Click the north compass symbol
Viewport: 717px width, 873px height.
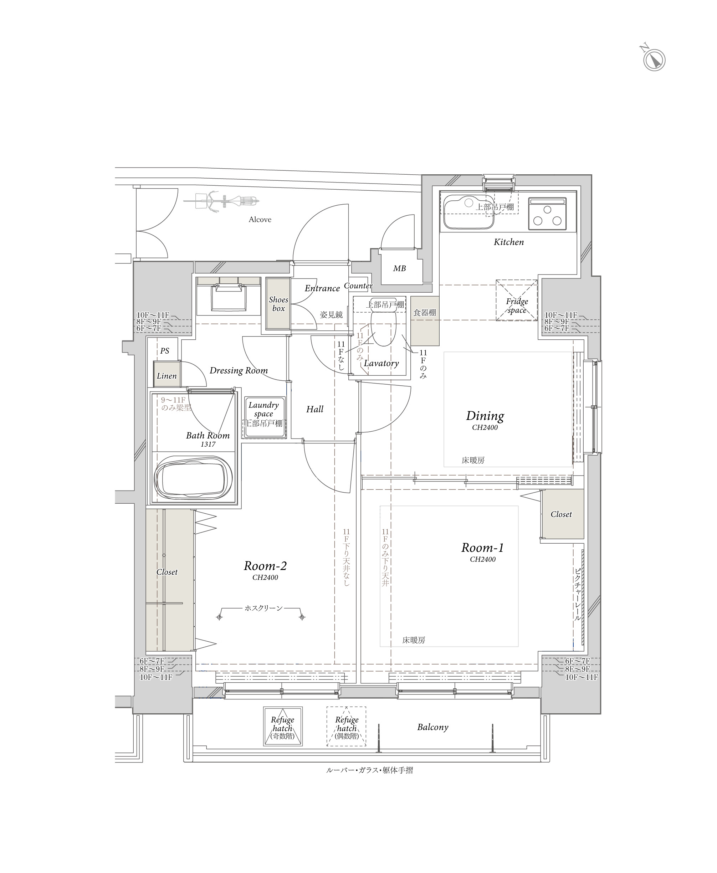point(654,60)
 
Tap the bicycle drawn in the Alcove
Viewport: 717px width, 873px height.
point(221,201)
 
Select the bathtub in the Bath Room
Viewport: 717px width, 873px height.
point(193,478)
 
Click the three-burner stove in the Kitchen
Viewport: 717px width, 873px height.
point(547,214)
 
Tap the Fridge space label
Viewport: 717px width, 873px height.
point(517,305)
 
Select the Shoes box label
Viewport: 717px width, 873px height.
point(278,304)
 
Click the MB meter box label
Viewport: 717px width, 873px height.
point(399,268)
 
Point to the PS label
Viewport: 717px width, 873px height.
point(164,351)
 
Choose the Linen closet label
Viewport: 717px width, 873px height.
point(167,376)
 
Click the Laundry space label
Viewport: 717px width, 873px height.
point(263,409)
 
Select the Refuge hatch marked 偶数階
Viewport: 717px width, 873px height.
point(347,726)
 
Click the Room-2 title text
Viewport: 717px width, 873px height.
point(265,566)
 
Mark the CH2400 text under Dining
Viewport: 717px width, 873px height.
point(485,427)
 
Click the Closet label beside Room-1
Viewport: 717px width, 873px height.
point(561,514)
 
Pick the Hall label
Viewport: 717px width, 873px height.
point(315,409)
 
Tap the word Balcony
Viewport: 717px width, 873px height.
point(432,727)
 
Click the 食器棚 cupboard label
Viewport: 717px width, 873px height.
point(425,313)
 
